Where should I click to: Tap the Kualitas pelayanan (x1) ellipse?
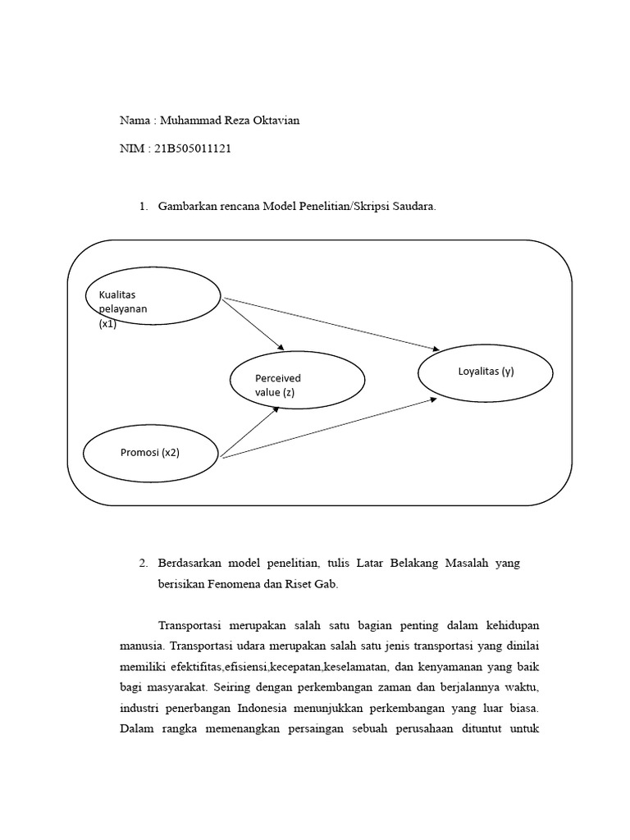pos(153,295)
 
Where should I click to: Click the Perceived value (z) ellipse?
pos(298,381)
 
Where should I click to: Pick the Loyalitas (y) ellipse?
pos(486,372)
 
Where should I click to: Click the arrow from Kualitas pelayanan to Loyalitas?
pos(328,321)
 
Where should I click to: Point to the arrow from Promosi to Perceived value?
pos(250,431)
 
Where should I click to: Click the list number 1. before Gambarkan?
pos(144,207)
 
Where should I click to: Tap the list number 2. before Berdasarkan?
pos(144,564)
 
